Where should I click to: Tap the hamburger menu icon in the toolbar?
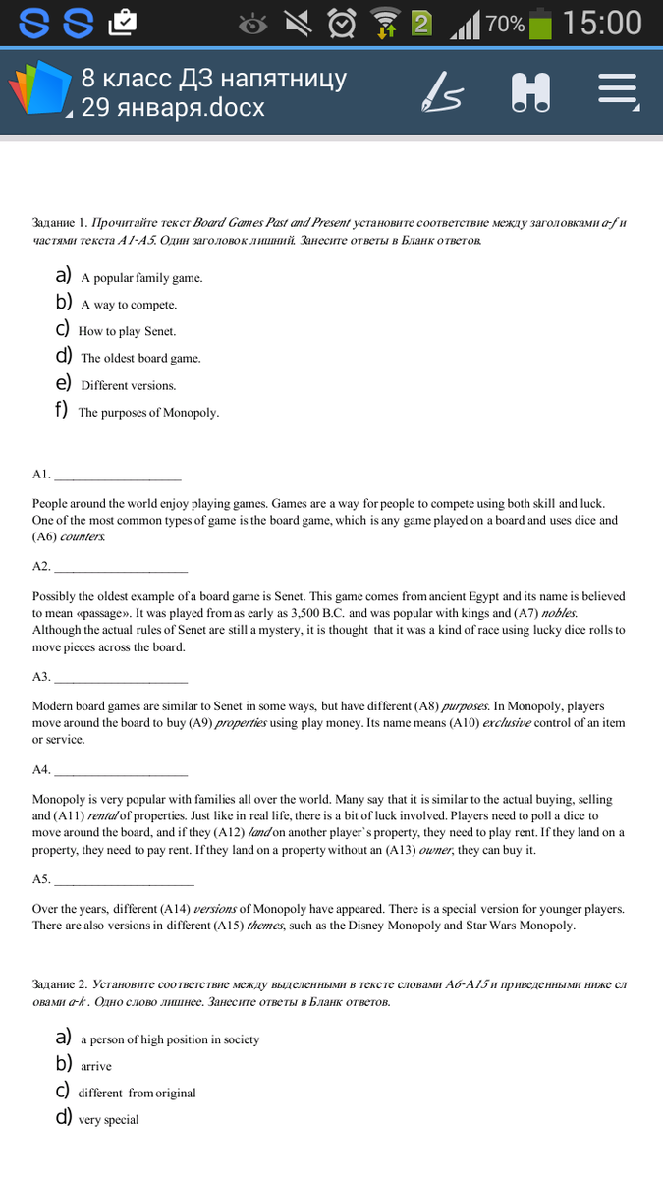pyautogui.click(x=618, y=92)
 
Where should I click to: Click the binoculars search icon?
pyautogui.click(x=530, y=92)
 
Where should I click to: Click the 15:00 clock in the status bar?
pyautogui.click(x=603, y=23)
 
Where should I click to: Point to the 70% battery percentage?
pyautogui.click(x=505, y=24)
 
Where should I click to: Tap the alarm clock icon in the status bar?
pyautogui.click(x=341, y=23)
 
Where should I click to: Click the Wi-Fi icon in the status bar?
pyautogui.click(x=385, y=23)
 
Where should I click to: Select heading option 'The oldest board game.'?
pyautogui.click(x=140, y=359)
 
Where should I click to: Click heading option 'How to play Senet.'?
pyautogui.click(x=127, y=331)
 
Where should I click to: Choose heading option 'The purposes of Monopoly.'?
pyautogui.click(x=148, y=413)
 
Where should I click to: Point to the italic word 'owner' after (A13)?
pyautogui.click(x=437, y=850)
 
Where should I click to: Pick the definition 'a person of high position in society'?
pyautogui.click(x=169, y=1039)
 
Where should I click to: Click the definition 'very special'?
pyautogui.click(x=108, y=1120)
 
